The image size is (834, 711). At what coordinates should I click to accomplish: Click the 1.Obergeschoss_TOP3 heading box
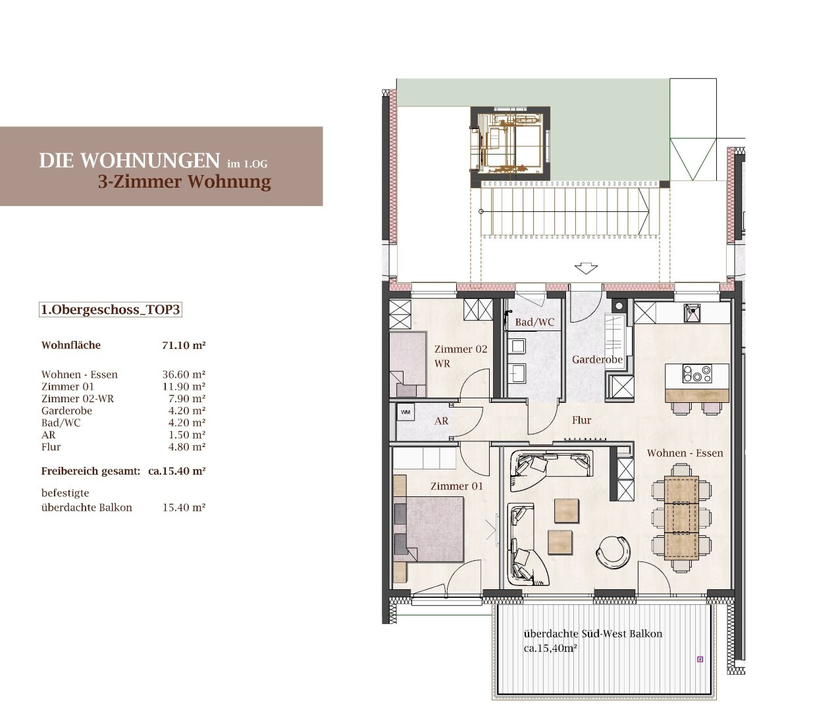point(110,309)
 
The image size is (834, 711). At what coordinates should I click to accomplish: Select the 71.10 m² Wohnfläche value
point(184,345)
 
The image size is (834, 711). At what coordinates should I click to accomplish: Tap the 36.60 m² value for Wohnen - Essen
point(184,375)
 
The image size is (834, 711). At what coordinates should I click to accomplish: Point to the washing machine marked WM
point(405,412)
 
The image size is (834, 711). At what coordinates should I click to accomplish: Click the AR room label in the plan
point(442,421)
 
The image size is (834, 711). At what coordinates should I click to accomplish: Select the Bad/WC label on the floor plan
point(534,322)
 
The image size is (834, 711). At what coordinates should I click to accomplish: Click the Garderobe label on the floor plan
point(597,359)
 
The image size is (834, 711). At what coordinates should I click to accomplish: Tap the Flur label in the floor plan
point(581,420)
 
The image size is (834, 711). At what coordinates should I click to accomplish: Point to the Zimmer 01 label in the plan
point(456,486)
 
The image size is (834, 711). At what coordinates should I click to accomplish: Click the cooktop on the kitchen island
point(697,373)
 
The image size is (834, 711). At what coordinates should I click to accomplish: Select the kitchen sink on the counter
point(692,313)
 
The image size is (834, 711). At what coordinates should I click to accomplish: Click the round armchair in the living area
point(613,551)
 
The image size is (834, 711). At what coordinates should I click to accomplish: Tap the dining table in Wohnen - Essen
point(681,517)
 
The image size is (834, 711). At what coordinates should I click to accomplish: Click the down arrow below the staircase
point(586,269)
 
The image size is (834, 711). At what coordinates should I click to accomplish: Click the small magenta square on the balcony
point(700,660)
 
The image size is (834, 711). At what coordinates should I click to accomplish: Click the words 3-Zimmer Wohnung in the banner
point(184,182)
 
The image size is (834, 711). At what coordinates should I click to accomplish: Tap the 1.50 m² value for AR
point(187,434)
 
